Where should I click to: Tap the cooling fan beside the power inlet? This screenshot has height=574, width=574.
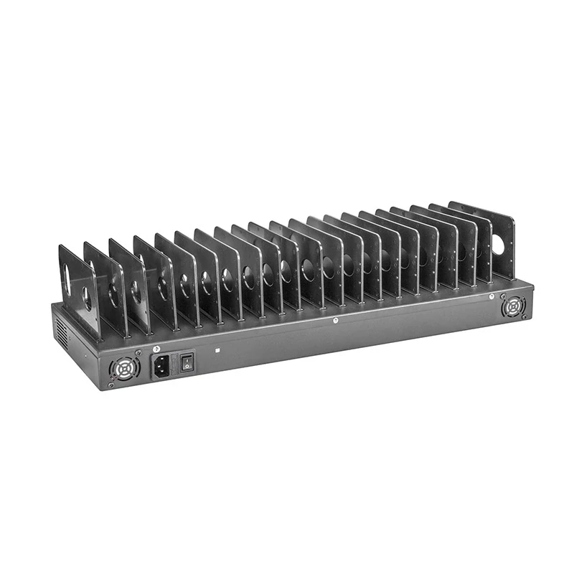[x=123, y=370]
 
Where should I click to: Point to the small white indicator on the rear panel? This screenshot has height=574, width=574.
[x=217, y=352]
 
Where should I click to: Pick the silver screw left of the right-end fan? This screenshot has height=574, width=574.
[x=491, y=296]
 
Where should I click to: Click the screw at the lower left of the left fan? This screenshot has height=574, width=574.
[x=111, y=385]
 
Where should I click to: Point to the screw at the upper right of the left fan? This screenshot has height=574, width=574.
[x=136, y=357]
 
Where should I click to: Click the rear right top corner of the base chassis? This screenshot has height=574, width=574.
[x=534, y=285]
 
